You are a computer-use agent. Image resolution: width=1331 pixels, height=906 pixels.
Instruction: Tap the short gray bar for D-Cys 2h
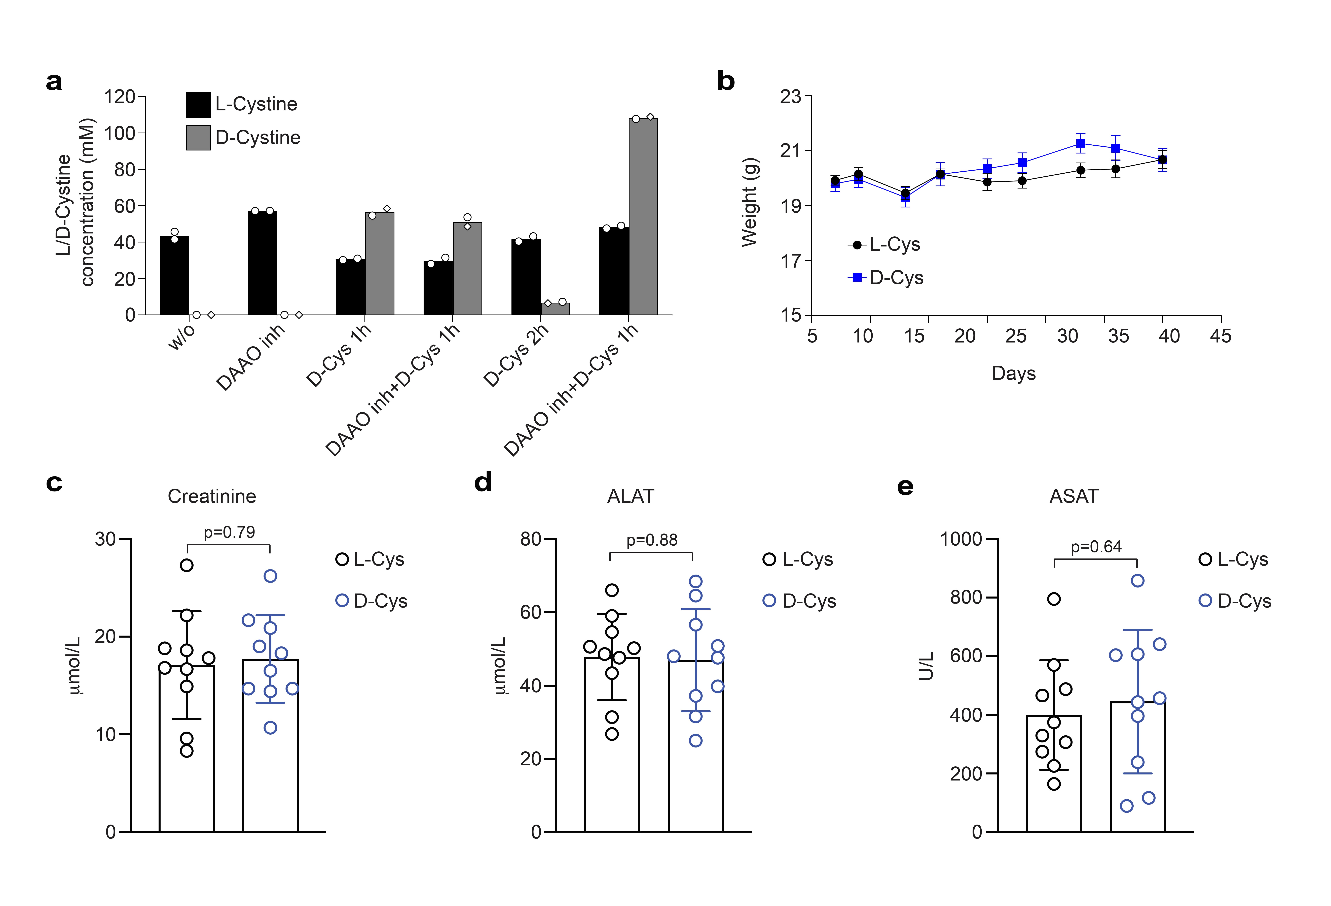pyautogui.click(x=555, y=309)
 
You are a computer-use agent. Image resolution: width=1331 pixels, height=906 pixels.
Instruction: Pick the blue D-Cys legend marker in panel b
pyautogui.click(x=857, y=277)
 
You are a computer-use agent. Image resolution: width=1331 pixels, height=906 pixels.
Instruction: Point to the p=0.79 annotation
pyautogui.click(x=229, y=532)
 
